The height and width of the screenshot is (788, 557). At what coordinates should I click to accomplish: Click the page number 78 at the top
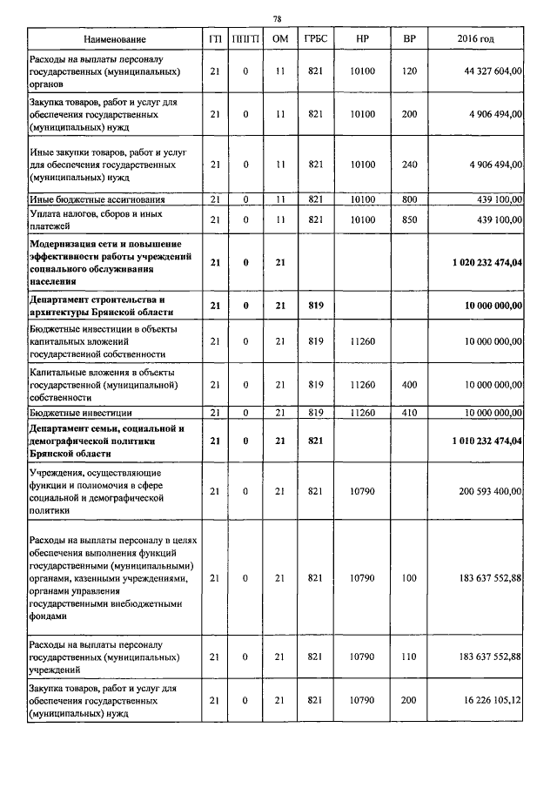(277, 18)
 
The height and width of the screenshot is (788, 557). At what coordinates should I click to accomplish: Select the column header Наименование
(115, 40)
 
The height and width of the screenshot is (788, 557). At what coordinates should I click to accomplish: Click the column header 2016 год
(475, 40)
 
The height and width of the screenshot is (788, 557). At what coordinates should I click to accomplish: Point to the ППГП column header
(245, 40)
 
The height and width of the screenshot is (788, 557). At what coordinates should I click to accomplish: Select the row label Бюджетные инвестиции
(79, 412)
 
